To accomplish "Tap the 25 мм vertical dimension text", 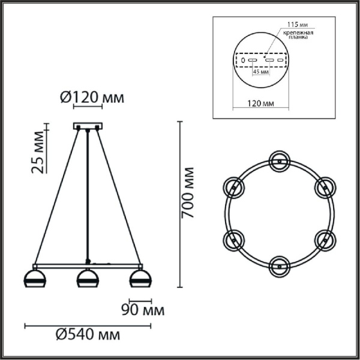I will point(38,157).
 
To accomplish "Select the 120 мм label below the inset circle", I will point(260,104).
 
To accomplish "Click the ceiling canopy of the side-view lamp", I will point(88,127).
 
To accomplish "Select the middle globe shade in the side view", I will point(88,280).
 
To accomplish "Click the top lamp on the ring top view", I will point(279,160).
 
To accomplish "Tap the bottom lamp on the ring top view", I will point(279,265).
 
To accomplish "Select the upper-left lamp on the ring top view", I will point(233,187).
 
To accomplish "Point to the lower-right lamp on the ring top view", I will point(325,239).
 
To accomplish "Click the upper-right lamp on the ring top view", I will point(325,187).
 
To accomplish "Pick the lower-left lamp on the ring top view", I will point(233,239).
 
